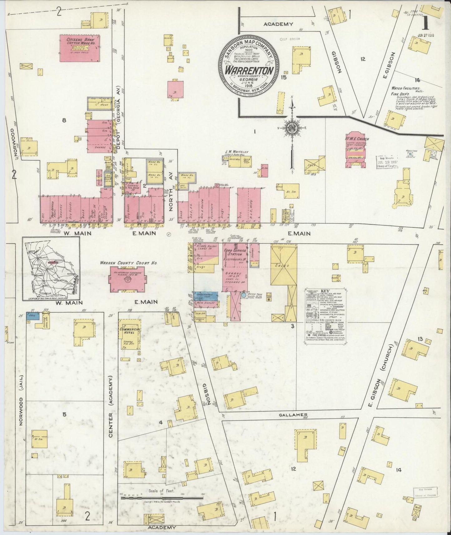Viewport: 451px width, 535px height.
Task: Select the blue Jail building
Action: click(32, 316)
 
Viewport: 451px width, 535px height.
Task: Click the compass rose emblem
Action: click(291, 128)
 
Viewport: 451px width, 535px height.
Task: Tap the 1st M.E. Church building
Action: click(355, 150)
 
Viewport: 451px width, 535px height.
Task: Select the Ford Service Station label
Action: click(235, 252)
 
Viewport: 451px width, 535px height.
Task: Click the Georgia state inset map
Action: click(51, 268)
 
